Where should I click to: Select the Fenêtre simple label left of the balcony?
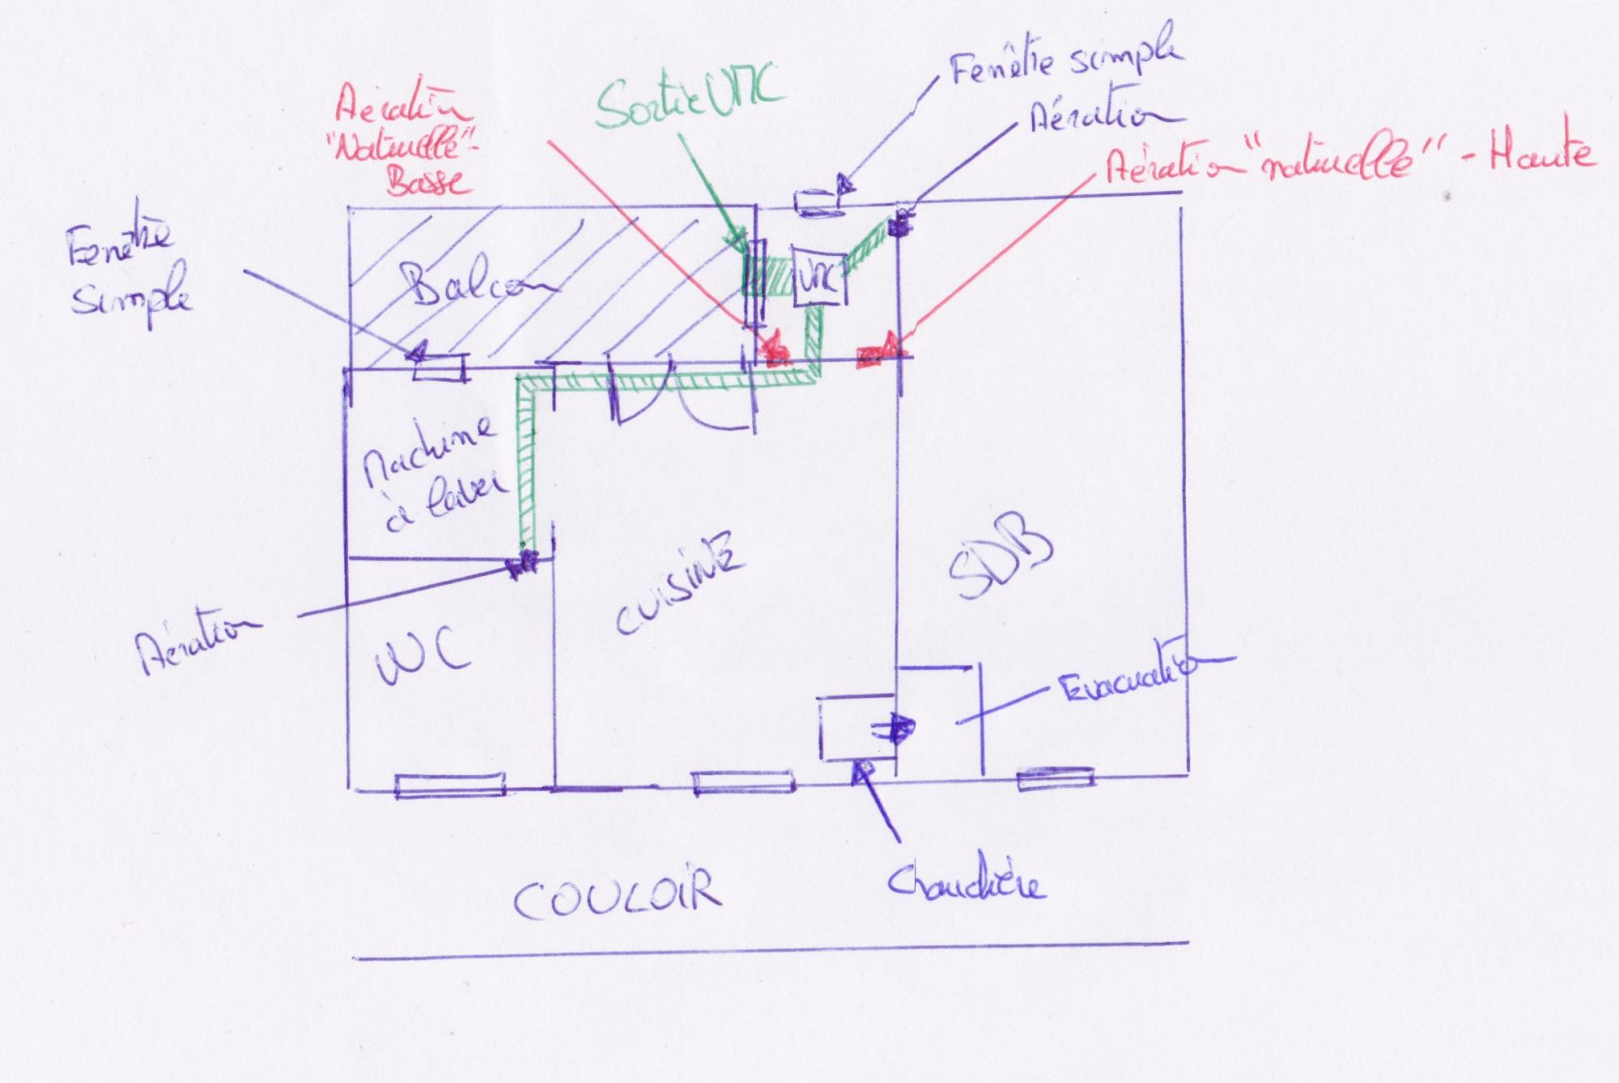(130, 275)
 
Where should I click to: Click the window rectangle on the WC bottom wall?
(449, 786)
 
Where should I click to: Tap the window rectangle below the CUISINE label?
(742, 782)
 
